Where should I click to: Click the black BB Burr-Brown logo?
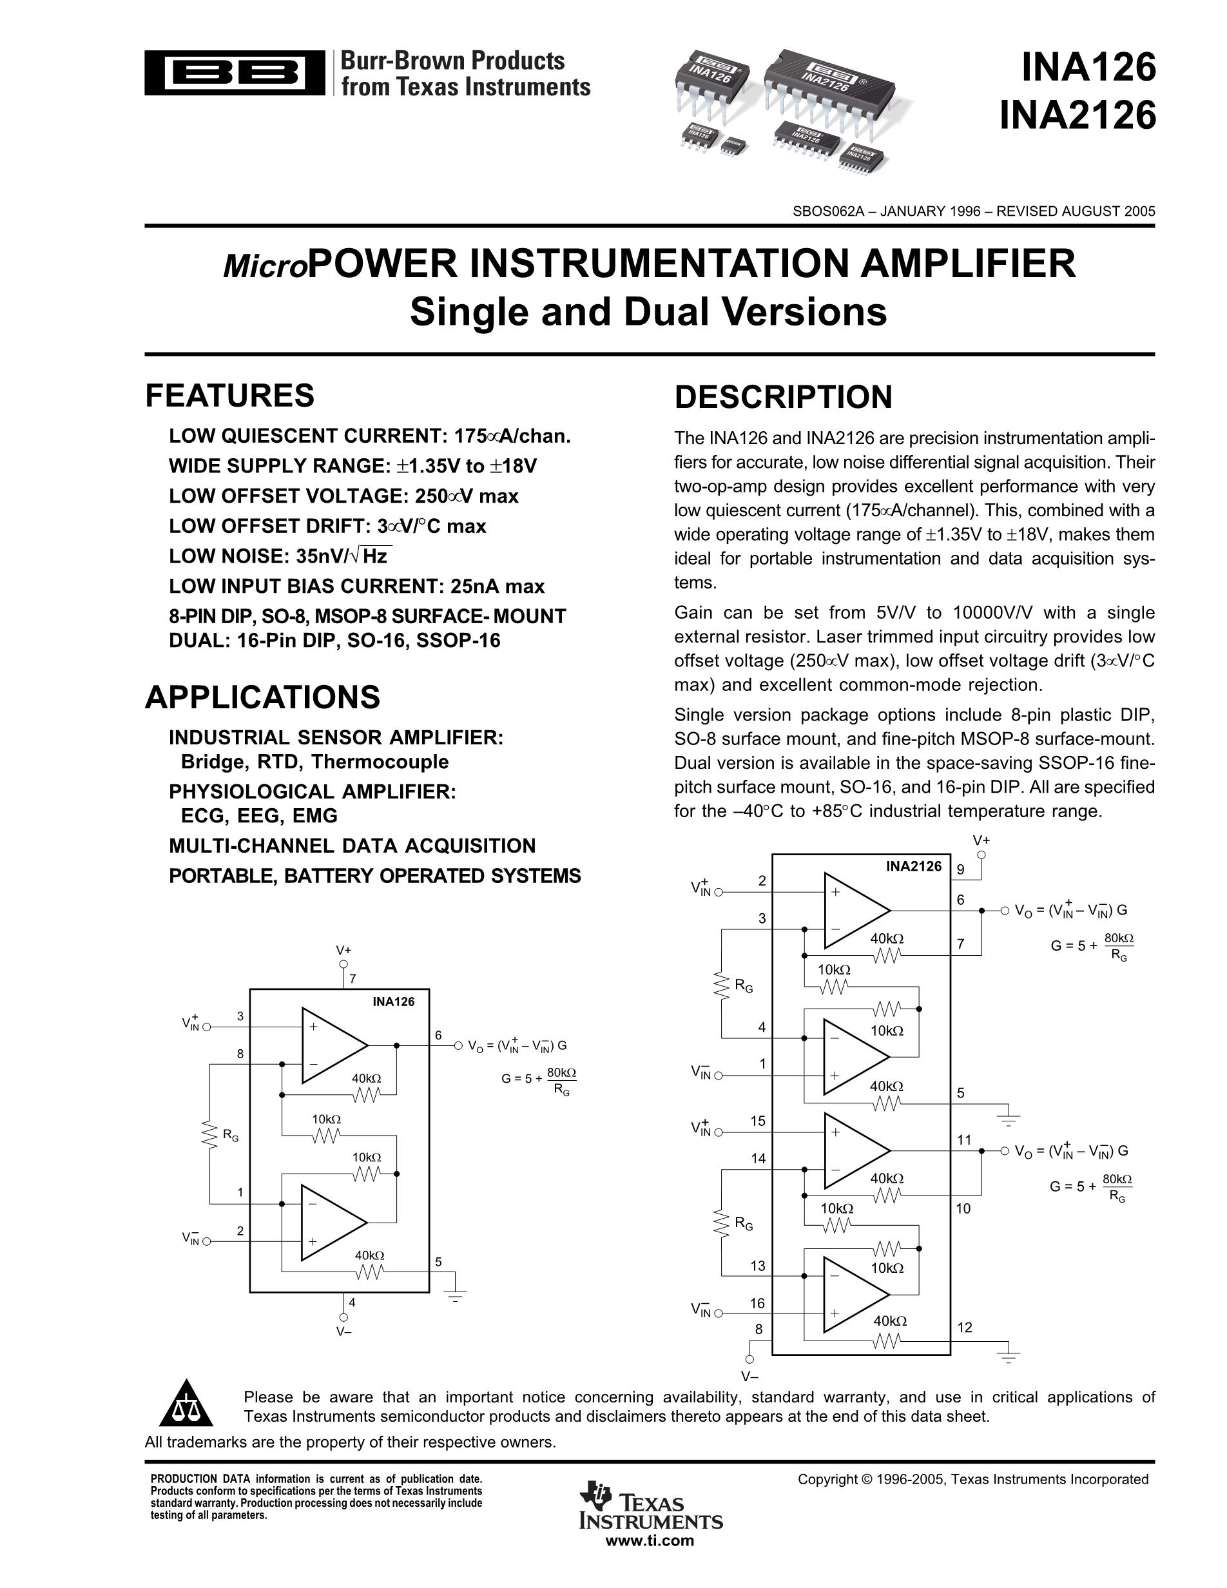(234, 73)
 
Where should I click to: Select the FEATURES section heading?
(229, 396)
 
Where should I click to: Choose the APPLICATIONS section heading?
(262, 697)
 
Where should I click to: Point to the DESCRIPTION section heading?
(783, 397)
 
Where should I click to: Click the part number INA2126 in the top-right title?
(1077, 115)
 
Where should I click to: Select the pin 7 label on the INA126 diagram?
(353, 979)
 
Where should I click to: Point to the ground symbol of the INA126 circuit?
(455, 1292)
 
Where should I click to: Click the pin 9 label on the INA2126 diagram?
(960, 869)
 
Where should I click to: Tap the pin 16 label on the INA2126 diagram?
(758, 1304)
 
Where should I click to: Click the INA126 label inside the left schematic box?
(393, 1002)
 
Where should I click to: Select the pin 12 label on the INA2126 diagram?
(965, 1328)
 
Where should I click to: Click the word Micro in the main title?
(266, 267)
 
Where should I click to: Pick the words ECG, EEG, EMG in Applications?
(259, 816)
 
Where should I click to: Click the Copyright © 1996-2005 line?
(972, 1479)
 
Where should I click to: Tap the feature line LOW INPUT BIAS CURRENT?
(356, 586)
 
